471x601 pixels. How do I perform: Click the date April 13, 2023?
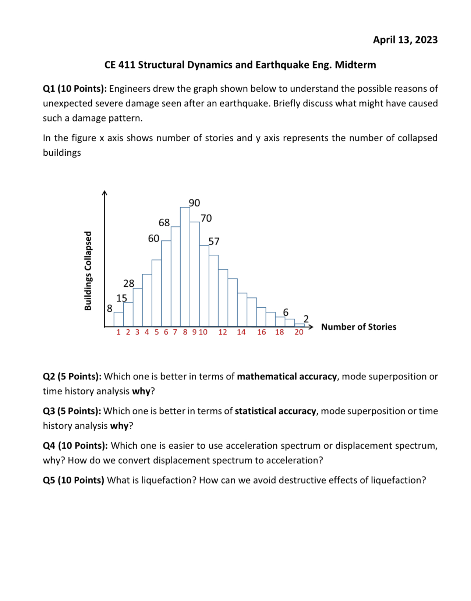tap(405, 40)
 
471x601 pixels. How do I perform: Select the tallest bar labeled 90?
tap(185, 267)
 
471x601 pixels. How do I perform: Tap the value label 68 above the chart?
tap(164, 223)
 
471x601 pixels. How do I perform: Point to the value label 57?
tap(214, 241)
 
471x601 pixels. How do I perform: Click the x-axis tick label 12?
tap(223, 332)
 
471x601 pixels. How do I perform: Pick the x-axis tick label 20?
tap(299, 332)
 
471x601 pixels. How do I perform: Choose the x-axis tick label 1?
tap(118, 332)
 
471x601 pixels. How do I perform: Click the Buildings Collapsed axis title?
tap(88, 271)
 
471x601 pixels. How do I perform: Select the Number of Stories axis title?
tap(359, 327)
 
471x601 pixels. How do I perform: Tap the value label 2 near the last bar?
tap(306, 319)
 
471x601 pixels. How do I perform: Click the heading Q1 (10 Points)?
tap(75, 89)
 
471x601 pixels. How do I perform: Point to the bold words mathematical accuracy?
tap(287, 376)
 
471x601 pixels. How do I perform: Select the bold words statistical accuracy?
tap(275, 411)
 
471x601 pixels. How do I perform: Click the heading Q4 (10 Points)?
tap(75, 446)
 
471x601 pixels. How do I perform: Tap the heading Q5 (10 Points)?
tap(74, 480)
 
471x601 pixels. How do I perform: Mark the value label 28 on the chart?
tap(129, 283)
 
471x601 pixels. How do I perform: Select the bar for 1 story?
tap(118, 319)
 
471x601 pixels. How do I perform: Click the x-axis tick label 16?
tap(262, 332)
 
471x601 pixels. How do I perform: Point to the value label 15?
tap(122, 298)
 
